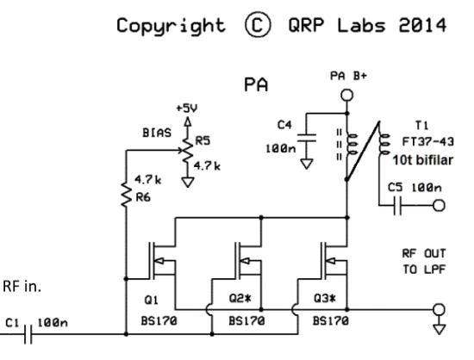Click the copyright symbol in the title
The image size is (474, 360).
(x=258, y=24)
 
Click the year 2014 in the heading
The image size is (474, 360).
(x=422, y=25)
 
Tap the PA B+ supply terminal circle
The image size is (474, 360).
(x=346, y=95)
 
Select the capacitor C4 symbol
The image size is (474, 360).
(x=307, y=138)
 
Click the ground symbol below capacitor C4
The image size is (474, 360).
(x=307, y=164)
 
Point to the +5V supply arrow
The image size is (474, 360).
(x=188, y=121)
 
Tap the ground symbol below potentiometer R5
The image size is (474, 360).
(x=188, y=182)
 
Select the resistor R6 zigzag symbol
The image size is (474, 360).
(x=126, y=194)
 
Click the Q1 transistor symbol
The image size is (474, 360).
(x=162, y=261)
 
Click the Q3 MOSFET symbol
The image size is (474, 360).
(x=334, y=261)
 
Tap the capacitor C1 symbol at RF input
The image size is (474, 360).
(x=28, y=334)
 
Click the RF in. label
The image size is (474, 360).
(x=22, y=286)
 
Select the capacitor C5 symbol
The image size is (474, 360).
(x=397, y=206)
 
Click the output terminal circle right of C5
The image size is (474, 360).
(x=439, y=206)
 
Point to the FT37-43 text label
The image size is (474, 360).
(x=427, y=141)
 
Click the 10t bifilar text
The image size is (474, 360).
(x=423, y=160)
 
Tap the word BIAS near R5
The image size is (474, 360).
(x=157, y=133)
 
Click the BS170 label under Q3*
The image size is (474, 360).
(x=331, y=320)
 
